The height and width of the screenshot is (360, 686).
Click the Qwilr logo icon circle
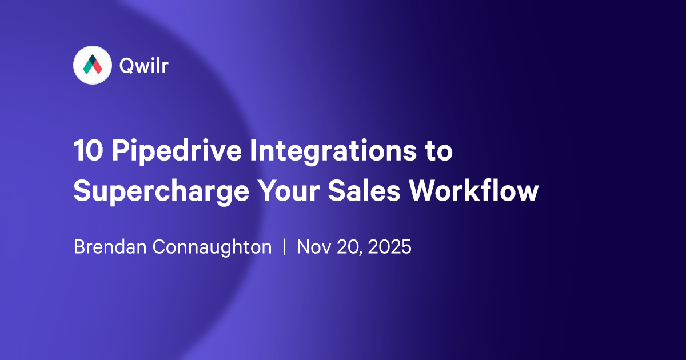click(92, 66)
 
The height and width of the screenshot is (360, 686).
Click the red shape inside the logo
click(97, 67)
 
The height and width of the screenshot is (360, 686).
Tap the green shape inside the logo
click(87, 68)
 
